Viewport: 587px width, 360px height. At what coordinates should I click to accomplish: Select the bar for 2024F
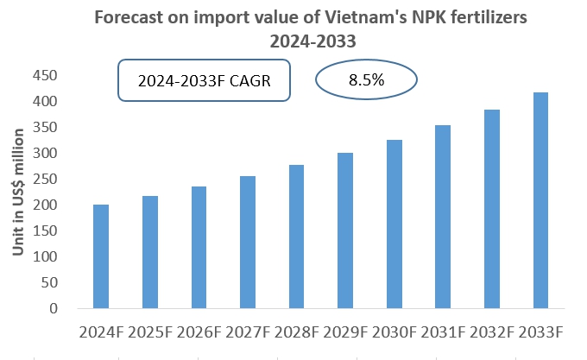101,256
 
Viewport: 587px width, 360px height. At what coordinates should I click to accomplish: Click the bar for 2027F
248,243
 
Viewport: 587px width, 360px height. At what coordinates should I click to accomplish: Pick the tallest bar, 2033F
541,200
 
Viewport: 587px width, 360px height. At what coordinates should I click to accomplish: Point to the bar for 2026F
199,248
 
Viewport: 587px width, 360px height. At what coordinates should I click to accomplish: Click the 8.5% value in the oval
366,79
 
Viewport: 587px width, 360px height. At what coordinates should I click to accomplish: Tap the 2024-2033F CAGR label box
204,81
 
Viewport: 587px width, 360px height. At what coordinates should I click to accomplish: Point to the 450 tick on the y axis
46,76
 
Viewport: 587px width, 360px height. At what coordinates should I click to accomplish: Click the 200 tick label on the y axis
46,205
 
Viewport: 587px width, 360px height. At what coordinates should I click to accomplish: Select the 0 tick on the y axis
54,308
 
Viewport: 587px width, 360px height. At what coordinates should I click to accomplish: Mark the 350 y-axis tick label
46,128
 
